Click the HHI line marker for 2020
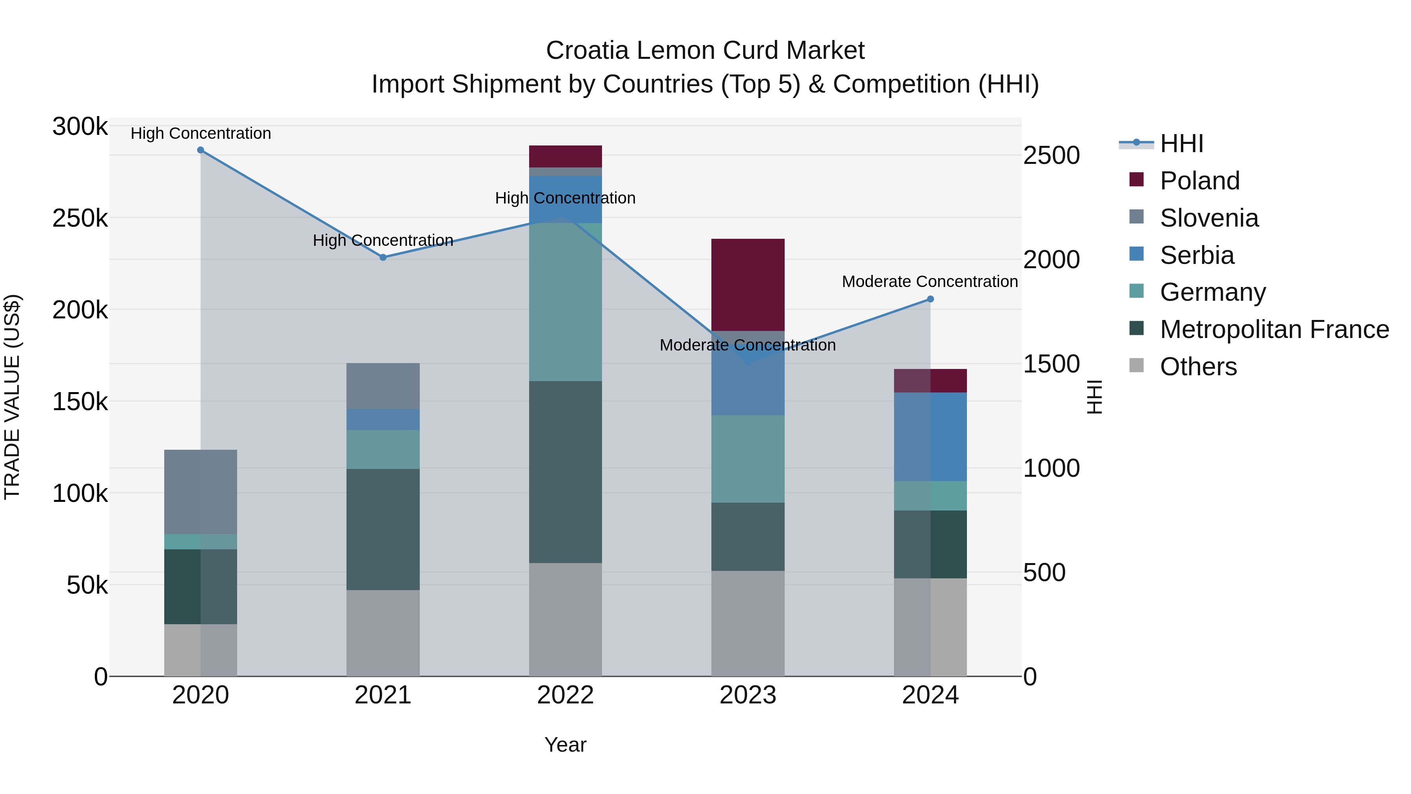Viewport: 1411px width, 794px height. [x=200, y=150]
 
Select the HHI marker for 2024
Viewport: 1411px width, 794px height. [x=930, y=299]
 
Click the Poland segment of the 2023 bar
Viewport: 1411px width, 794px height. [x=748, y=285]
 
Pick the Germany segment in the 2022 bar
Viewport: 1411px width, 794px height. [x=565, y=302]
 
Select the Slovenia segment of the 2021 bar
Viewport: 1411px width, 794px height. [x=383, y=386]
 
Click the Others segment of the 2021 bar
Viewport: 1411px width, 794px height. [x=383, y=633]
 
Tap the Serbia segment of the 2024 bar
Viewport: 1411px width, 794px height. [x=930, y=437]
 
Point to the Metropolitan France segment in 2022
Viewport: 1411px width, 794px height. [x=565, y=472]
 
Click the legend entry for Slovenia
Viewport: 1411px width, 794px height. [x=1209, y=218]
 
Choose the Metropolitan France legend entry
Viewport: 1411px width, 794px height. [x=1274, y=329]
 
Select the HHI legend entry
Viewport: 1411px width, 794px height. [x=1181, y=144]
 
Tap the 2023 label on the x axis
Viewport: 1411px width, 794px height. [x=748, y=695]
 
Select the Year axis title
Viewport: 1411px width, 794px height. [x=565, y=745]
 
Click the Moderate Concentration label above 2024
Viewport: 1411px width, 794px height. [x=930, y=282]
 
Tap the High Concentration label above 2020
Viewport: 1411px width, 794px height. [x=200, y=133]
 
